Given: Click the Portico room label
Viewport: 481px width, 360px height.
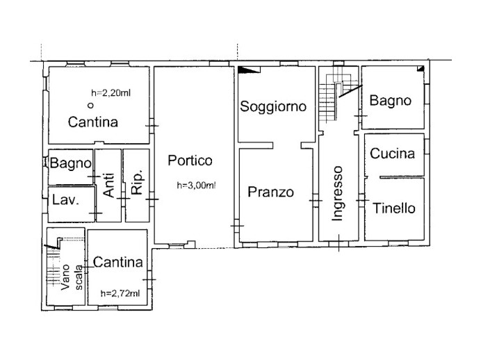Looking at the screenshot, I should (x=190, y=161).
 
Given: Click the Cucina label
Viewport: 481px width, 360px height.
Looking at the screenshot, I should (x=392, y=154).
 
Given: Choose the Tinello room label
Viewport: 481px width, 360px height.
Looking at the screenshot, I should (x=393, y=208).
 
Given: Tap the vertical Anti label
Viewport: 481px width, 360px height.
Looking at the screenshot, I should (x=108, y=186).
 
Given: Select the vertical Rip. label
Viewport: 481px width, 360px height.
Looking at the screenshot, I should (x=137, y=186).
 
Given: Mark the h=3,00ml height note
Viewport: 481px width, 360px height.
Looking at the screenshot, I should (x=196, y=185).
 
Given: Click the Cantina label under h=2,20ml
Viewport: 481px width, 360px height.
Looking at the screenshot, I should (x=93, y=122).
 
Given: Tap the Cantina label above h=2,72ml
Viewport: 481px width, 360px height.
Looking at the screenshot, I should (x=117, y=263).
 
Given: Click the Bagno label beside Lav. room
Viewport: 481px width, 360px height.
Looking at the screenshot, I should (x=71, y=164).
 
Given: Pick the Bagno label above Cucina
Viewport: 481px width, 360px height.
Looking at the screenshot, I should (x=390, y=101).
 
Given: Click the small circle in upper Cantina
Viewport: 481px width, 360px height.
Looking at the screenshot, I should (x=90, y=106).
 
